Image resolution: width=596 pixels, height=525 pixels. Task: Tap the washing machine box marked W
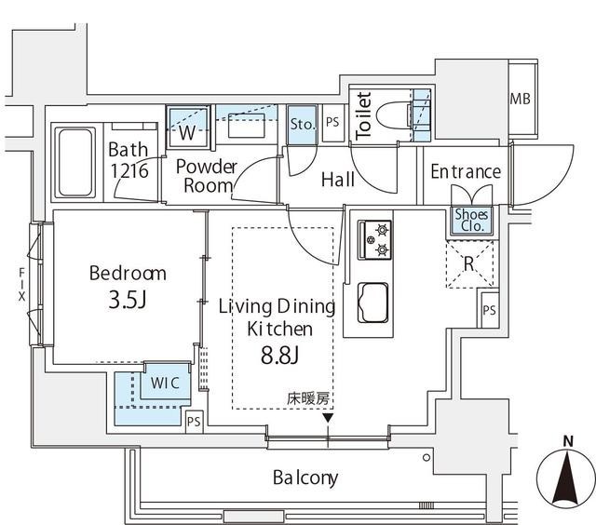[187, 131]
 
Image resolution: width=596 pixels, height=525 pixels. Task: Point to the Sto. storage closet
[302, 123]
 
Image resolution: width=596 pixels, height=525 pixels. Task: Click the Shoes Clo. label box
[469, 219]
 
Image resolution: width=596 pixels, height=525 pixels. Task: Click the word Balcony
[305, 478]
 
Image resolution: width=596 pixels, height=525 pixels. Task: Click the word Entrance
[466, 172]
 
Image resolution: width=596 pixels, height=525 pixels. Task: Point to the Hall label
[337, 180]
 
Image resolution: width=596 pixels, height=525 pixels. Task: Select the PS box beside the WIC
[194, 421]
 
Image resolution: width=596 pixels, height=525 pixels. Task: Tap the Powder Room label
[206, 176]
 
